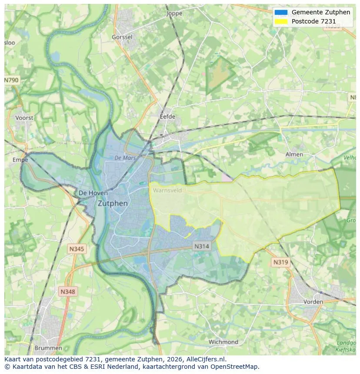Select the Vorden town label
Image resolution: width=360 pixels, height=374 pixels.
pos(313,301)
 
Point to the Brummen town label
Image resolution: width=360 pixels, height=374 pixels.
pos(48,348)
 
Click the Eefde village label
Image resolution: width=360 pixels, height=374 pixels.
pos(167,116)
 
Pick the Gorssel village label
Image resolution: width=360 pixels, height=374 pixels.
pos(122,37)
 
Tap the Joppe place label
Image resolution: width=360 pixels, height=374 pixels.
pos(174,13)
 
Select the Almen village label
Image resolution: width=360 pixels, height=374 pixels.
pos(294,154)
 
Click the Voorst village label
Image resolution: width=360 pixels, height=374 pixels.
pos(24,118)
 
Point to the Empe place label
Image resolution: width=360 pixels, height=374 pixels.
pos(20,160)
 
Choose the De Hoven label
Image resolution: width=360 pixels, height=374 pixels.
pos(93,193)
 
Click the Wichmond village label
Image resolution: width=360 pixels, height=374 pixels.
pos(223,342)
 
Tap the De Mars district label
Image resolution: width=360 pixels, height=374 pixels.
pos(125,158)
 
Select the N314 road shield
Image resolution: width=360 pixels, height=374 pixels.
pos(201,246)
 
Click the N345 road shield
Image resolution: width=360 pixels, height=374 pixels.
pos(77,249)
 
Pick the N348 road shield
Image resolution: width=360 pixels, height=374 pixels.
pos(67,292)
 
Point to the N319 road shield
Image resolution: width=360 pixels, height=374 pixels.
pos(280,262)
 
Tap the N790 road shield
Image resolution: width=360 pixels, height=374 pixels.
pos(12,80)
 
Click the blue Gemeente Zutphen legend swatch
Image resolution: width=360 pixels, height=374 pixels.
pos(281,12)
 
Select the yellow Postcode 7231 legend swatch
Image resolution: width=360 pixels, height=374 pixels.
pos(281,21)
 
